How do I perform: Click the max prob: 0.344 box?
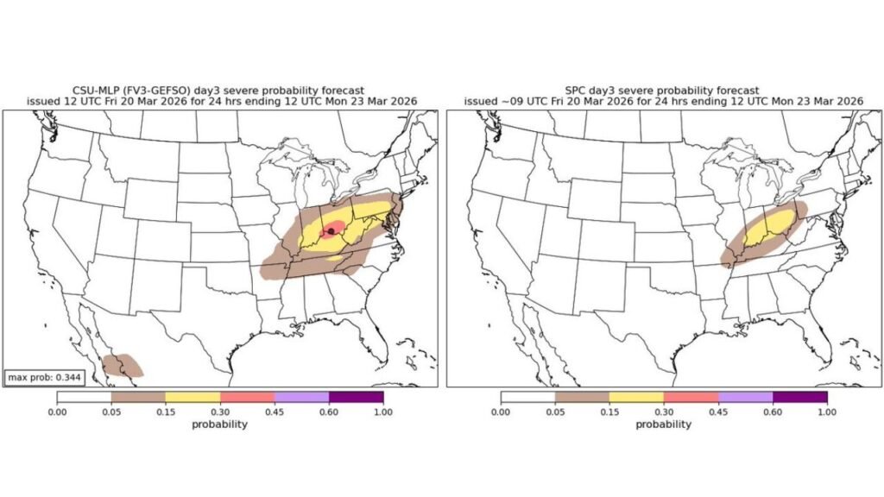(41, 377)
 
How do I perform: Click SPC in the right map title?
(576, 90)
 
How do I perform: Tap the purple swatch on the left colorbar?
(356, 397)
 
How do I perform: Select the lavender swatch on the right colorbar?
(745, 397)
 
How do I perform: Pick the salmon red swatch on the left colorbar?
(247, 397)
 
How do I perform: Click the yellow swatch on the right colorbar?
(636, 397)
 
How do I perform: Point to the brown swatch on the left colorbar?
(138, 397)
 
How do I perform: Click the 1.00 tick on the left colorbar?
(382, 412)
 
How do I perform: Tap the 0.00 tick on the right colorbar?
(501, 412)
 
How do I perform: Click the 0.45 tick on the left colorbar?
(274, 412)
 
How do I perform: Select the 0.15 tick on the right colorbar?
(609, 412)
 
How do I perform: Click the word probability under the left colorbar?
(220, 424)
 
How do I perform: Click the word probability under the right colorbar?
(664, 424)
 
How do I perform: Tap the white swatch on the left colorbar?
(84, 397)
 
